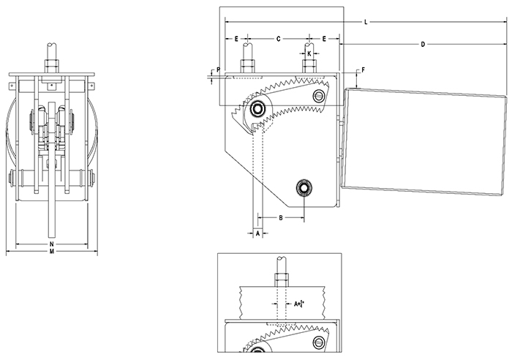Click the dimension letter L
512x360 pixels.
(x=365, y=23)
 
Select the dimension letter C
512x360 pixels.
(x=278, y=37)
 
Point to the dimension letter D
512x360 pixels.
(x=423, y=45)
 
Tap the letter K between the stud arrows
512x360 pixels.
(x=310, y=53)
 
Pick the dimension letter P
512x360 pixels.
(x=218, y=70)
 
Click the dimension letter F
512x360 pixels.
(x=359, y=71)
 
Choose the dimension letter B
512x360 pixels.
(x=280, y=218)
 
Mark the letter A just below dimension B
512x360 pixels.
(x=257, y=233)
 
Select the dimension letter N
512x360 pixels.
(x=51, y=243)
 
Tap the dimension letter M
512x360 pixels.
(x=51, y=251)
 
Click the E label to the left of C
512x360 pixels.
(x=237, y=37)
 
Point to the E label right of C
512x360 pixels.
(x=324, y=37)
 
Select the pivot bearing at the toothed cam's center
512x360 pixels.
(x=257, y=110)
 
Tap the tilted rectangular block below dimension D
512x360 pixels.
(x=426, y=139)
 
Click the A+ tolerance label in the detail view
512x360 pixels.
(x=298, y=302)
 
